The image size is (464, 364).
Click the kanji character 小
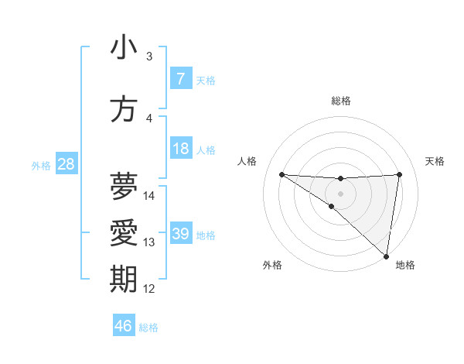(124, 47)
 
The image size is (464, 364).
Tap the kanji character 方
(124, 109)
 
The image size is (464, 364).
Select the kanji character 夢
(124, 187)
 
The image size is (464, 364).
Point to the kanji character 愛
(124, 233)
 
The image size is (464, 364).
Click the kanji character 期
(124, 280)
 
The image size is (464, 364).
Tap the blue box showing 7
(180, 79)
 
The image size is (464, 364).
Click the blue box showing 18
(180, 149)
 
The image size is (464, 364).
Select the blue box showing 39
(180, 234)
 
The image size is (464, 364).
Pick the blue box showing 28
(66, 164)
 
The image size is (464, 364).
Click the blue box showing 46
(124, 326)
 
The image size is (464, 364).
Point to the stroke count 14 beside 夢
(149, 196)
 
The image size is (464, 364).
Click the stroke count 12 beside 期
(149, 289)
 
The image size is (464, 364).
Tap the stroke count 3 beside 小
(149, 57)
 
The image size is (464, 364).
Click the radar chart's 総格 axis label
(341, 101)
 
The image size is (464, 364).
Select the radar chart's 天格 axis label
(435, 161)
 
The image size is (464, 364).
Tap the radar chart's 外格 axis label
(272, 265)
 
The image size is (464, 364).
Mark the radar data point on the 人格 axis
(281, 174)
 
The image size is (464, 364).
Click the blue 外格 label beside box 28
(40, 165)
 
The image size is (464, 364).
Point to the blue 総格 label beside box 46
(148, 328)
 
